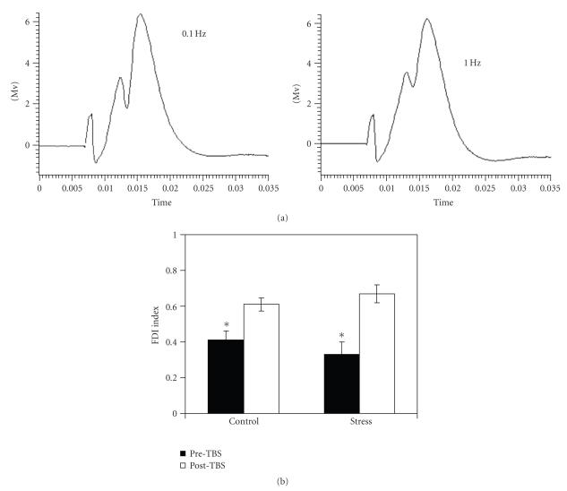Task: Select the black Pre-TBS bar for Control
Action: click(225, 376)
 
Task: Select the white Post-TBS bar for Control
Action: click(262, 358)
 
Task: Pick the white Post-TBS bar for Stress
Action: click(377, 353)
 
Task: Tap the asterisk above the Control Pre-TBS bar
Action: click(226, 326)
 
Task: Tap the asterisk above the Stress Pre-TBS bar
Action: click(341, 337)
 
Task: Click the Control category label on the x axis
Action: click(243, 421)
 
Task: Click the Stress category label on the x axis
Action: click(358, 421)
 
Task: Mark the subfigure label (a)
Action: click(283, 219)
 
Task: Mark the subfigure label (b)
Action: click(283, 481)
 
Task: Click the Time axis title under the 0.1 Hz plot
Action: click(153, 202)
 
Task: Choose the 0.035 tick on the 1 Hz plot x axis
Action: click(548, 189)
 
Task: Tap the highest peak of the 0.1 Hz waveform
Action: click(140, 14)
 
